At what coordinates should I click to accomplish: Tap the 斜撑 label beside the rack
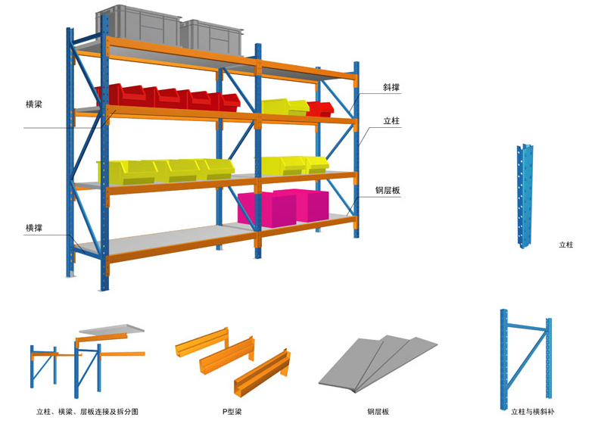(391, 88)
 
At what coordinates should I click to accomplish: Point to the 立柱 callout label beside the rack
(391, 121)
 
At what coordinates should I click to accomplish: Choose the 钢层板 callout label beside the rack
(388, 191)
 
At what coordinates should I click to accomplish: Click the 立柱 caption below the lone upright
(566, 245)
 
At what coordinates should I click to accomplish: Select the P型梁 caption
(231, 412)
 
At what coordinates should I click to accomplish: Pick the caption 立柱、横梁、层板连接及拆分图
(87, 412)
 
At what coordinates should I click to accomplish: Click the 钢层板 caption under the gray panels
(378, 412)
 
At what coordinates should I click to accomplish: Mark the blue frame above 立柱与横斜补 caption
(526, 356)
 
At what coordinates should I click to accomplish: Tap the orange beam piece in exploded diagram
(121, 353)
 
